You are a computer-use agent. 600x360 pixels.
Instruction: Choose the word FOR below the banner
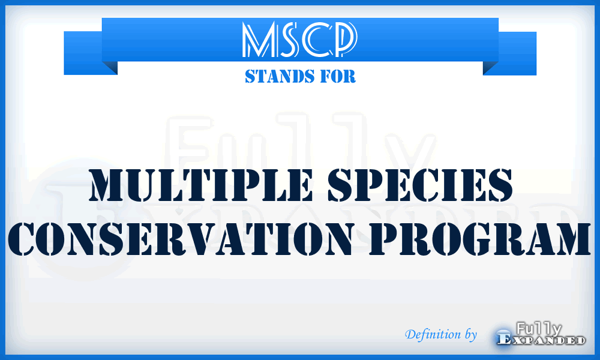click(x=339, y=77)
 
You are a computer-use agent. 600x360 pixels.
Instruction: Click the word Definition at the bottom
click(x=431, y=334)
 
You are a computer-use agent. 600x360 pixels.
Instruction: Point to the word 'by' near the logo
click(x=470, y=334)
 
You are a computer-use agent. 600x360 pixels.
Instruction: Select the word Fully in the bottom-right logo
click(x=539, y=329)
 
